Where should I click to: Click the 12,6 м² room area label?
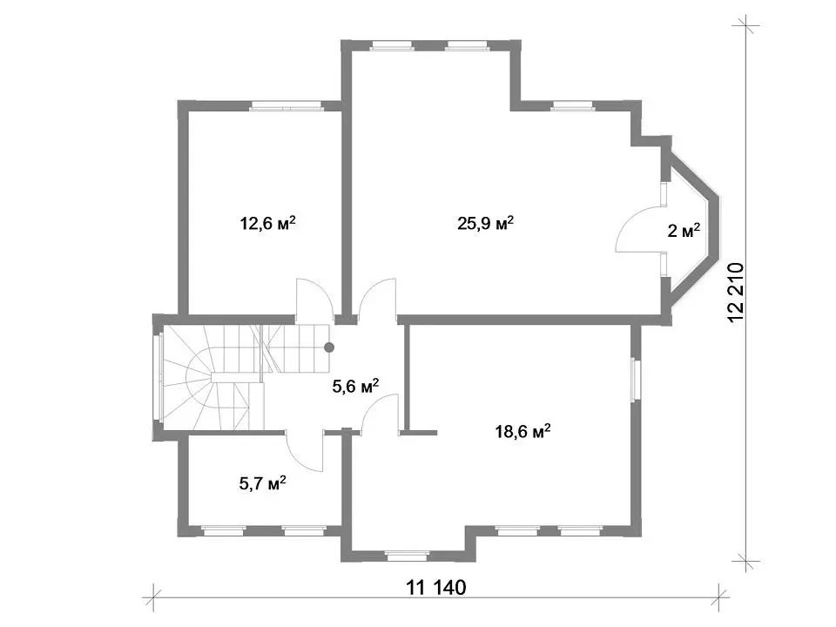tap(268, 222)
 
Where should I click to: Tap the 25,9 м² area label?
tap(485, 222)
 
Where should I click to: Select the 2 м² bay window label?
tap(684, 230)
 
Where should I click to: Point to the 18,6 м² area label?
tap(522, 431)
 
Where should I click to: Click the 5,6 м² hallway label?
tap(355, 386)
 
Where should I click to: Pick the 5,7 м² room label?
tap(262, 483)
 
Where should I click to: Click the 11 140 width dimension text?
tap(436, 588)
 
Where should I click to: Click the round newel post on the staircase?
tap(329, 347)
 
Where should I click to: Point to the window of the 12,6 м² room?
tap(287, 106)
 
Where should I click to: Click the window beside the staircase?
tap(158, 377)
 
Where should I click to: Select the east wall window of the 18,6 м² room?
tap(635, 379)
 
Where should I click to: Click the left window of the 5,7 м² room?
tap(224, 530)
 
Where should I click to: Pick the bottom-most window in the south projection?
tap(408, 556)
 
